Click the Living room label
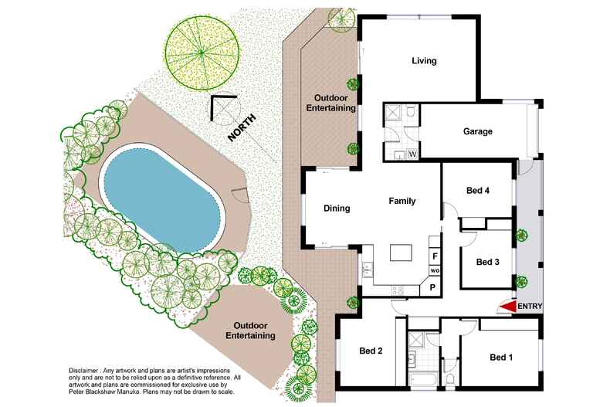pyautogui.click(x=424, y=61)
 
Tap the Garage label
pyautogui.click(x=478, y=131)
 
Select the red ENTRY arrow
pyautogui.click(x=507, y=307)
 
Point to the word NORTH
pyautogui.click(x=242, y=127)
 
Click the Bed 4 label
pyautogui.click(x=478, y=190)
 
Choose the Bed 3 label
pyautogui.click(x=487, y=262)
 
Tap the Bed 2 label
pyautogui.click(x=371, y=351)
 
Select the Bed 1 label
pyautogui.click(x=501, y=357)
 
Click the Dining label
pyautogui.click(x=337, y=209)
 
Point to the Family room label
pyautogui.click(x=402, y=201)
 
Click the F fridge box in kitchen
pyautogui.click(x=435, y=256)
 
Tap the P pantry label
pyautogui.click(x=432, y=287)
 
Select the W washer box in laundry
pyautogui.click(x=413, y=154)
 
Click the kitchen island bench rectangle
pyautogui.click(x=402, y=253)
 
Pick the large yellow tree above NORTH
pyautogui.click(x=202, y=53)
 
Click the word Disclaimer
pyautogui.click(x=83, y=371)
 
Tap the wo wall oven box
pyautogui.click(x=435, y=270)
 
